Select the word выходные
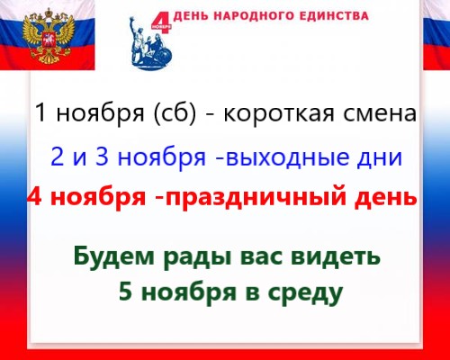click(x=288, y=157)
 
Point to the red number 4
click(x=36, y=196)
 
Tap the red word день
click(x=382, y=196)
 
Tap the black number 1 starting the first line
click(x=40, y=114)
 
